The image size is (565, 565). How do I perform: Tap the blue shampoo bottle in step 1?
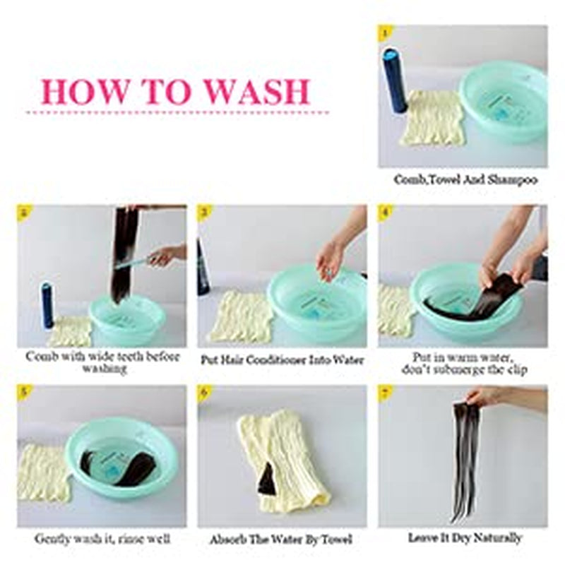[x=395, y=81]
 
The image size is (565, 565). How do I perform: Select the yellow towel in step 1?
[x=434, y=118]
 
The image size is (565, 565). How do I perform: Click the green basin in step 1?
[x=504, y=102]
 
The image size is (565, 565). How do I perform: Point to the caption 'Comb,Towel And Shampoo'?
[x=465, y=179]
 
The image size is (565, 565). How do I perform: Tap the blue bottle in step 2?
[x=47, y=305]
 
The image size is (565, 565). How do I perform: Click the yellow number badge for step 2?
[x=24, y=212]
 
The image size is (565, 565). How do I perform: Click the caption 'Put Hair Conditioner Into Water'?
[x=282, y=360]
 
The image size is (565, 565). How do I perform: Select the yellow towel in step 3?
[x=241, y=317]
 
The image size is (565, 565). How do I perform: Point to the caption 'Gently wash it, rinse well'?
[x=102, y=539]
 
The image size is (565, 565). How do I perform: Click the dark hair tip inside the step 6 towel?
[x=268, y=480]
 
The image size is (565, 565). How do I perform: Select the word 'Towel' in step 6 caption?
[x=336, y=540]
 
